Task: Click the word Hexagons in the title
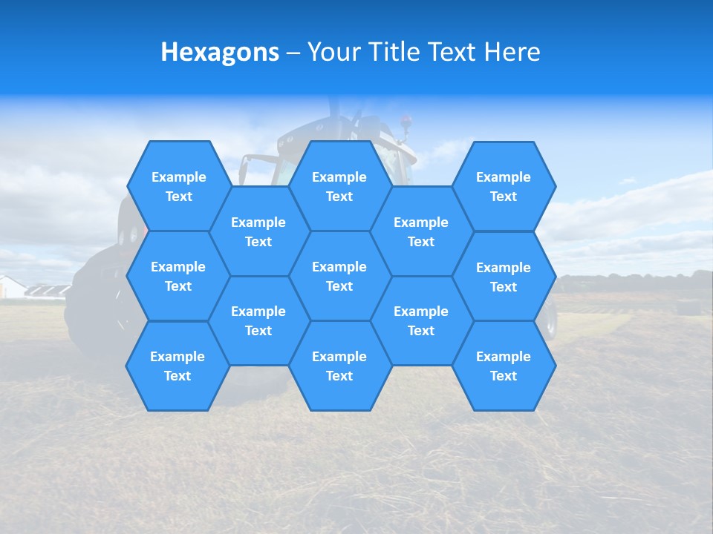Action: click(220, 52)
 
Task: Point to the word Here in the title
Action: click(512, 52)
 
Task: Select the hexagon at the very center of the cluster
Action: click(339, 276)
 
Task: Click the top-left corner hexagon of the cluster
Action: click(178, 186)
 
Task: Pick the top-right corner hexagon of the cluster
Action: click(504, 186)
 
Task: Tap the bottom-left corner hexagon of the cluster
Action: click(178, 366)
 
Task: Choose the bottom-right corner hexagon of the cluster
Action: click(504, 366)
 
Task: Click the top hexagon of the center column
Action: click(339, 186)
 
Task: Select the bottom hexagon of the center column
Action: click(339, 366)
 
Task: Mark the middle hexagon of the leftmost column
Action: click(178, 276)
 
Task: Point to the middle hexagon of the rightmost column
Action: click(504, 277)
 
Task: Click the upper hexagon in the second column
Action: click(258, 231)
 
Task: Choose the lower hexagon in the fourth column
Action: click(421, 320)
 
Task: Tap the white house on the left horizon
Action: click(10, 287)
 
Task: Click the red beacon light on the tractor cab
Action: click(406, 119)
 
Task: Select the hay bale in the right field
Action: click(687, 306)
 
